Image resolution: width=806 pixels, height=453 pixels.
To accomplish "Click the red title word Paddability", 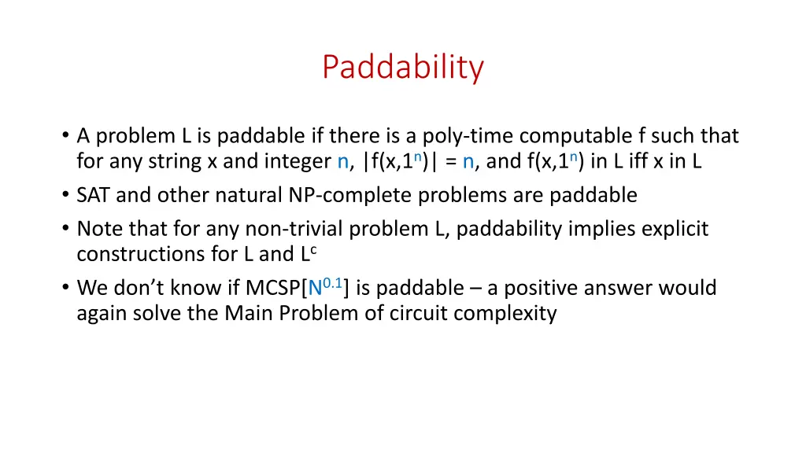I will click(402, 68).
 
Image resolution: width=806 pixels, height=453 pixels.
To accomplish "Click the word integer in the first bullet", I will click(302, 162).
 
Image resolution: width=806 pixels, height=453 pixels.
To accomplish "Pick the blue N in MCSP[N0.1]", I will click(314, 288).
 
